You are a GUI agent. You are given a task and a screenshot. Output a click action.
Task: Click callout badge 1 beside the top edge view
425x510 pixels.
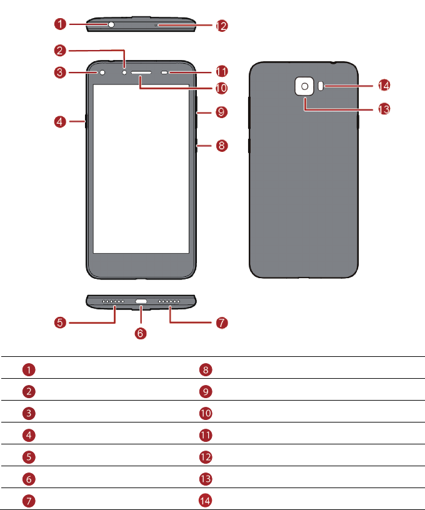tap(60, 24)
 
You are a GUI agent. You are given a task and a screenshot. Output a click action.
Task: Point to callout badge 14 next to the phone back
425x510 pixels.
tap(383, 86)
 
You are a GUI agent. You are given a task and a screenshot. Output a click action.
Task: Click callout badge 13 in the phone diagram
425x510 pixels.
tap(383, 109)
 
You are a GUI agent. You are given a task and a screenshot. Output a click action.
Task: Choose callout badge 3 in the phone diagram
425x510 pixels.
tap(60, 72)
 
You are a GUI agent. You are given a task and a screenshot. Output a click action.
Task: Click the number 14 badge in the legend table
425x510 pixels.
tap(206, 499)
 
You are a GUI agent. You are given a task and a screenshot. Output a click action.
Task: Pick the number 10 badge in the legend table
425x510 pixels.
tap(206, 412)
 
